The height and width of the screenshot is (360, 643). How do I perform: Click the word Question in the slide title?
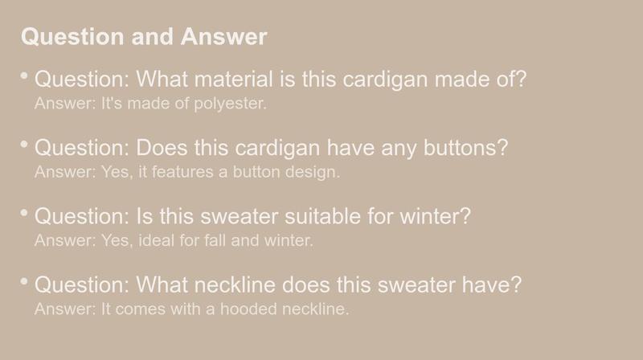(x=72, y=37)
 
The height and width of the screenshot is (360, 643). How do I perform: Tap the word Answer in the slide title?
(x=224, y=36)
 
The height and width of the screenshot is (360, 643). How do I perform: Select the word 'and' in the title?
(x=153, y=36)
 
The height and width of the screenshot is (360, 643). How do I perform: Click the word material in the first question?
(x=234, y=79)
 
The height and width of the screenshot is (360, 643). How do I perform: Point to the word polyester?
(x=230, y=104)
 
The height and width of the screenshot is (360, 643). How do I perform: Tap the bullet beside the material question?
(x=24, y=76)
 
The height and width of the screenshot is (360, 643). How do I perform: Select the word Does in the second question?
(x=162, y=148)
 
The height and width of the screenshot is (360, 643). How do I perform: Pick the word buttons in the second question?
(x=466, y=148)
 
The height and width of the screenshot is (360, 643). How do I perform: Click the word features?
(x=183, y=172)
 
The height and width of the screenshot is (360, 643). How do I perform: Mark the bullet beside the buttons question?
(x=24, y=144)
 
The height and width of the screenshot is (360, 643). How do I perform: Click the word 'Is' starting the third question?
(x=145, y=216)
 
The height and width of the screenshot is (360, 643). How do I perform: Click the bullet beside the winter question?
(x=24, y=212)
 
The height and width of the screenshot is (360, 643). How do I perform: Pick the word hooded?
(x=248, y=309)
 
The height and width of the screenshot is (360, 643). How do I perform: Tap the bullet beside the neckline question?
(x=24, y=281)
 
